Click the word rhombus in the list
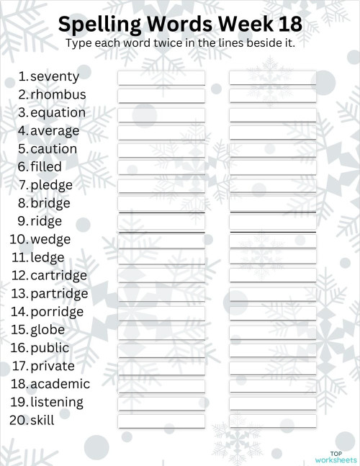click(x=58, y=94)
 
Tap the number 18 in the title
click(x=287, y=25)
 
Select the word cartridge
click(x=58, y=275)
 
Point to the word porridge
click(x=57, y=312)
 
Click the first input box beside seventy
click(x=161, y=77)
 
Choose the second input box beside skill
click(x=273, y=421)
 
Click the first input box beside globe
click(x=161, y=331)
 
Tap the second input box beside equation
click(x=273, y=114)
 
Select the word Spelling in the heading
click(x=100, y=25)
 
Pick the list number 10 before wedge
click(x=18, y=239)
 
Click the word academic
click(x=60, y=384)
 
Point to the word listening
click(x=57, y=402)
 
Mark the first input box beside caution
click(x=161, y=150)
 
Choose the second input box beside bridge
click(x=273, y=204)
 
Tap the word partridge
click(x=59, y=294)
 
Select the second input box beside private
click(x=273, y=367)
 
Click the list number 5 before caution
click(x=23, y=149)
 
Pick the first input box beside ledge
click(x=161, y=258)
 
